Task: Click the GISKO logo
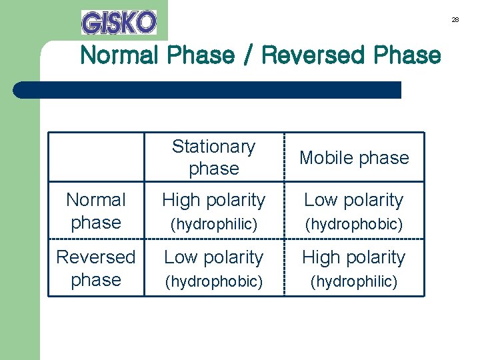point(119,22)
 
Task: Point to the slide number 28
point(455,20)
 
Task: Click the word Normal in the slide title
point(119,55)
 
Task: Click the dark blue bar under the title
point(207,90)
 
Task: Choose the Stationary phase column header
point(213,157)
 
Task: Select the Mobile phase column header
point(354,158)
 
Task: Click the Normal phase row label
point(96,211)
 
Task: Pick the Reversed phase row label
point(96,268)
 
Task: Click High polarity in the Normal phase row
point(213,200)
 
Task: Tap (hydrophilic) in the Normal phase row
point(213,225)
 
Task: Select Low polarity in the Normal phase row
point(354,200)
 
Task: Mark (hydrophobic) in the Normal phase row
point(354,225)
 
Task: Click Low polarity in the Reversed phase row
point(213,257)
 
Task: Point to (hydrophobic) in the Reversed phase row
point(213,282)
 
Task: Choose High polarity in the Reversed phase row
point(354,257)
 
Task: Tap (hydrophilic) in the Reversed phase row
point(354,282)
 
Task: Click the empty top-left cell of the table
point(96,157)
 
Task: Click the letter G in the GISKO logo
point(91,23)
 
